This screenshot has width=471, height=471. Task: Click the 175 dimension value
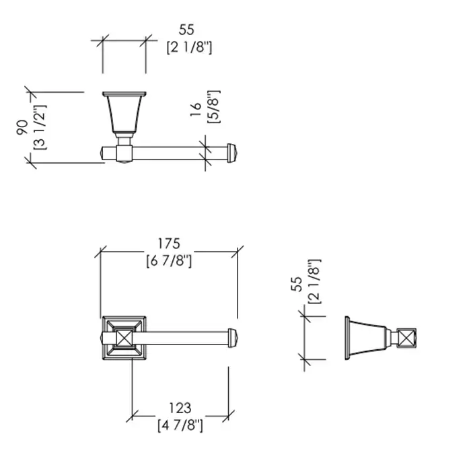169,244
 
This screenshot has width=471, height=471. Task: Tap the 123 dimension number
180,408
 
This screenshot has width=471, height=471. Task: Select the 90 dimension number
23,127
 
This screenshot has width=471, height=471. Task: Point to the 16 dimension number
196,109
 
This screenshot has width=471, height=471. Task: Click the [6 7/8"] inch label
169,261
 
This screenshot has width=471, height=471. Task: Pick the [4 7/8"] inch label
180,425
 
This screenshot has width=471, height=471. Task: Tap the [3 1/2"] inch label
40,127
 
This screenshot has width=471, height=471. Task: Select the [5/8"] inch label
214,106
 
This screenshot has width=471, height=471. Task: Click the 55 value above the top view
186,30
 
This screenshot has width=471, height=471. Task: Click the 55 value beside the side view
297,284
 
